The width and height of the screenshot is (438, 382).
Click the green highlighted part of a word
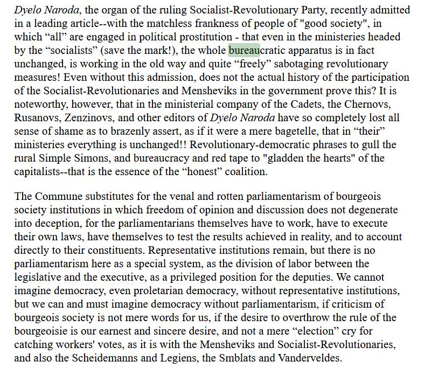(245, 51)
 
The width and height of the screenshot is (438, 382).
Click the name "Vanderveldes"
(310, 358)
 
